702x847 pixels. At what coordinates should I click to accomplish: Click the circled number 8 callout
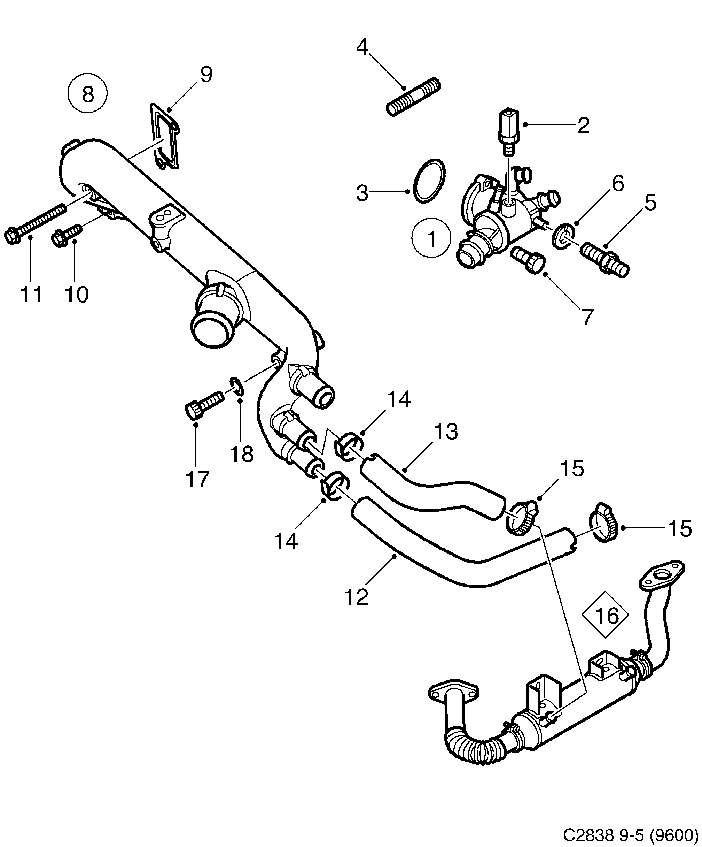coord(87,94)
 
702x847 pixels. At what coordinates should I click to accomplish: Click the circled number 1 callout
coord(431,238)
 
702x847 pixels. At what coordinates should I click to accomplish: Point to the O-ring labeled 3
coord(430,181)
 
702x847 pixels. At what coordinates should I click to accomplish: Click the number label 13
coord(446,432)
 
